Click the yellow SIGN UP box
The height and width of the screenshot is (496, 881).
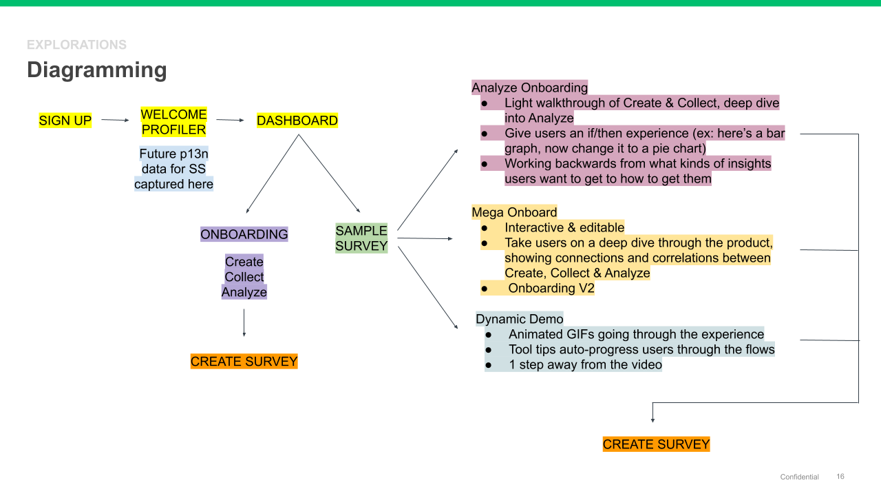pyautogui.click(x=65, y=121)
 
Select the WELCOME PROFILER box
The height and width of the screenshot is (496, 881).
pyautogui.click(x=173, y=122)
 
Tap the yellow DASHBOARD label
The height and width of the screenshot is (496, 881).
pyautogui.click(x=297, y=121)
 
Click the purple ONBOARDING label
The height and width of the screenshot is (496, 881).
pyautogui.click(x=244, y=234)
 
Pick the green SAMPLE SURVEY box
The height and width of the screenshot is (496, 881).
pyautogui.click(x=361, y=238)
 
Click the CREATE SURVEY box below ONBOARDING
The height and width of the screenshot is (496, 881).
pyautogui.click(x=244, y=362)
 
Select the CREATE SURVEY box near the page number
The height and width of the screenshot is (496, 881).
pyautogui.click(x=656, y=444)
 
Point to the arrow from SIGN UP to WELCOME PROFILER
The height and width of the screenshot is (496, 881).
pyautogui.click(x=115, y=121)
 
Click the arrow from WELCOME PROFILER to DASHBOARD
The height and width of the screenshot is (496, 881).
pyautogui.click(x=230, y=121)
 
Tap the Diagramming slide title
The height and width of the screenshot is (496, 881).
pyautogui.click(x=97, y=70)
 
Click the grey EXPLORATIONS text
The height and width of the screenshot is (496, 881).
pyautogui.click(x=76, y=45)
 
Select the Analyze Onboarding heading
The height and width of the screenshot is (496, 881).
pyautogui.click(x=529, y=87)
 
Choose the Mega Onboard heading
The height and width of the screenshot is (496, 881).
pyautogui.click(x=514, y=212)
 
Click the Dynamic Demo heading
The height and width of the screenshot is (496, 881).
pyautogui.click(x=520, y=319)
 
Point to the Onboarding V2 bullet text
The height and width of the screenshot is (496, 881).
pyautogui.click(x=551, y=288)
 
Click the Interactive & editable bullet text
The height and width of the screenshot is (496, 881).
pyautogui.click(x=564, y=227)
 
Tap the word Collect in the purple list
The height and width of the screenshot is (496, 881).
pyautogui.click(x=244, y=277)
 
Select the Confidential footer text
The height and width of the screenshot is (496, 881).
pyautogui.click(x=799, y=477)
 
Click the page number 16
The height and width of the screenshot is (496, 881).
pyautogui.click(x=840, y=477)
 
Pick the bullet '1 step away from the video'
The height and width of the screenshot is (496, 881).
pyautogui.click(x=585, y=364)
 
